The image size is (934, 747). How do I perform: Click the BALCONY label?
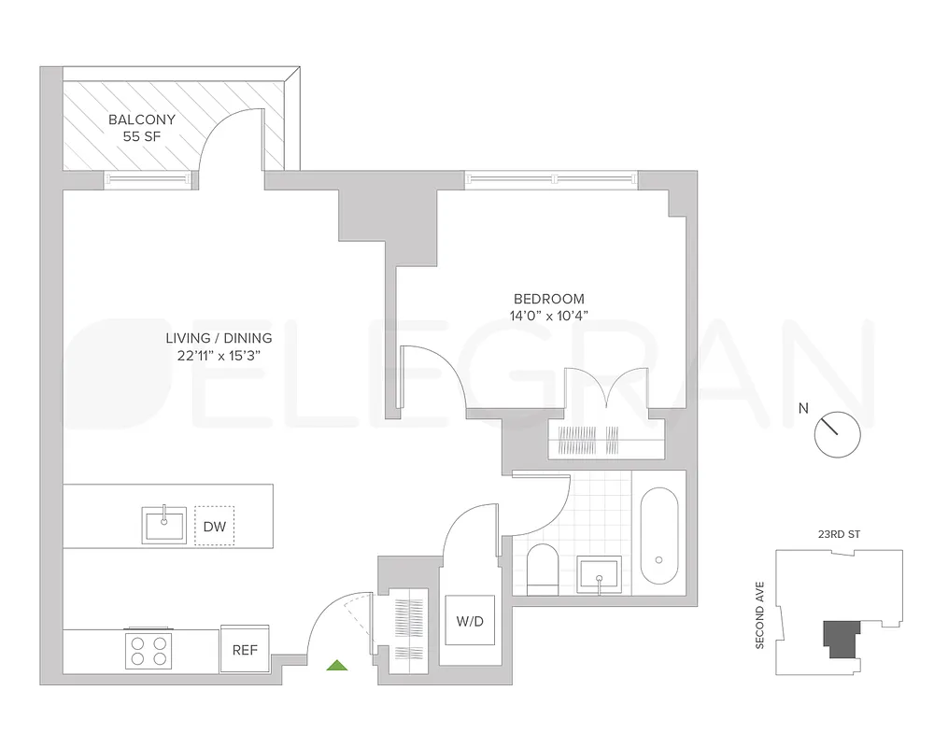pyautogui.click(x=142, y=120)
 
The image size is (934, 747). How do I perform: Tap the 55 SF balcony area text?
pyautogui.click(x=142, y=136)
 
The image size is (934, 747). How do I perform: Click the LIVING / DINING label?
pyautogui.click(x=219, y=338)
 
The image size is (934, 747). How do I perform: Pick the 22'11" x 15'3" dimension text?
pyautogui.click(x=219, y=355)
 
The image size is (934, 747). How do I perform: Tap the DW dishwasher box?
pyautogui.click(x=214, y=527)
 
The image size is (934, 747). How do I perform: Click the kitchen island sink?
pyautogui.click(x=165, y=524)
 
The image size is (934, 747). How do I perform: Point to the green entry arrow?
pyautogui.click(x=336, y=665)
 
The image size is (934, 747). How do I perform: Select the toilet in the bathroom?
pyautogui.click(x=542, y=570)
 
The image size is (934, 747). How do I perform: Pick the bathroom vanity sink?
pyautogui.click(x=598, y=575)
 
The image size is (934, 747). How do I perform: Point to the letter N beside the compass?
pyautogui.click(x=803, y=407)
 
